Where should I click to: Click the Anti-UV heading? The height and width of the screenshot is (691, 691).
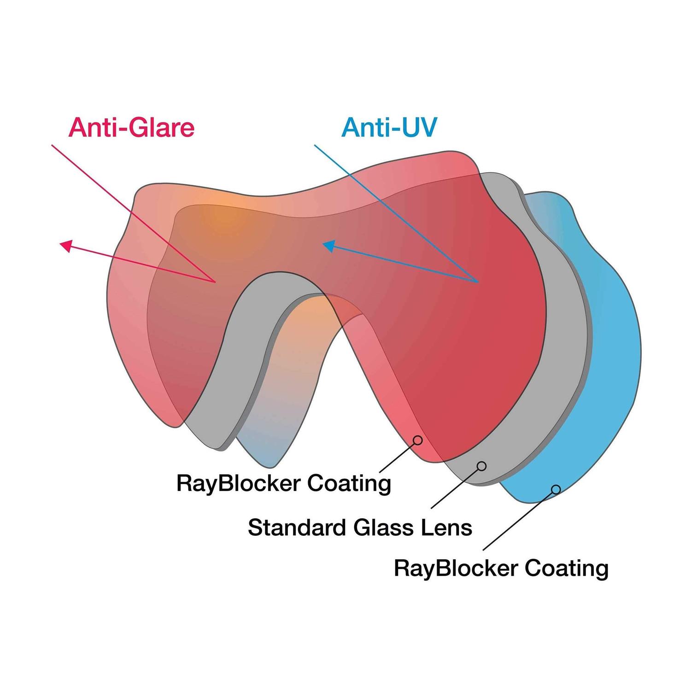[x=389, y=127]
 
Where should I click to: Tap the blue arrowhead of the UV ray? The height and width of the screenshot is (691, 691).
[x=328, y=246]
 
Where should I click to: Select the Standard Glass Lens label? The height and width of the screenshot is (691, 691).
[x=360, y=527]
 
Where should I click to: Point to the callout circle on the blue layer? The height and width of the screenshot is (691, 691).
[x=556, y=489]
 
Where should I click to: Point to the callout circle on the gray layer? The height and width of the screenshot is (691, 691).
[x=482, y=466]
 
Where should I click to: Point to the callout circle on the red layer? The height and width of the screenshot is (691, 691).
[x=418, y=440]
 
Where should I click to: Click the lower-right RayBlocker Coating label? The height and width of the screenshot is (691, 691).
[x=501, y=568]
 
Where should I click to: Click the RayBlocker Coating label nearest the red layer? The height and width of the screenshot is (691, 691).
[x=284, y=484]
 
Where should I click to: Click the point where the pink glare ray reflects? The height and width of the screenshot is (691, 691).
[x=215, y=281]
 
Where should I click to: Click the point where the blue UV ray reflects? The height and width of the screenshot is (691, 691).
[x=478, y=281]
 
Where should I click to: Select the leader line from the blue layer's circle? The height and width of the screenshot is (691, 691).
[x=518, y=521]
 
